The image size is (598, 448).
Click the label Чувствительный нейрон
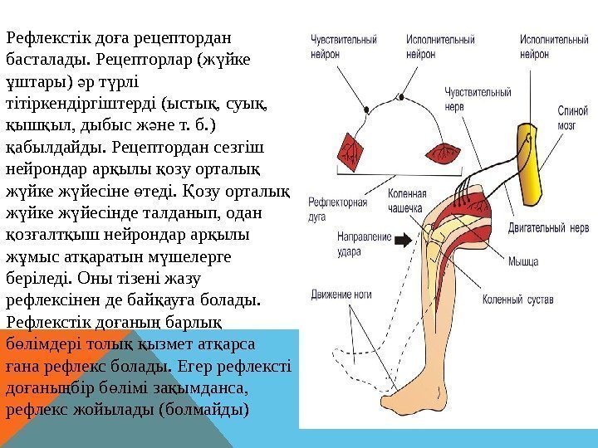point(344,45)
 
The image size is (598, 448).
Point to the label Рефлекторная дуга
point(331,207)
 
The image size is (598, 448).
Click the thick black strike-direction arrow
point(400,241)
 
